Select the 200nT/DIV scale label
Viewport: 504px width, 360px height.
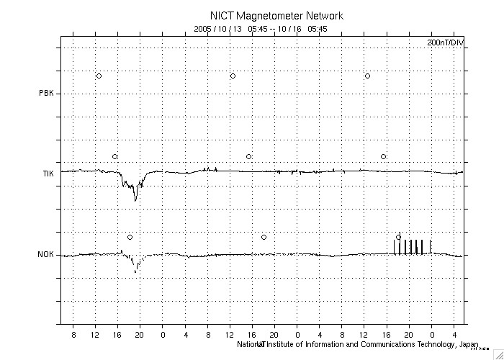pyautogui.click(x=446, y=43)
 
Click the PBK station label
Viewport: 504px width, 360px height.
pyautogui.click(x=46, y=93)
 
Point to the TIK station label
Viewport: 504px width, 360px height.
pyautogui.click(x=47, y=174)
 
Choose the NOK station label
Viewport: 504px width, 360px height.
pyautogui.click(x=46, y=255)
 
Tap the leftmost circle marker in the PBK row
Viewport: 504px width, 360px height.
pyautogui.click(x=99, y=76)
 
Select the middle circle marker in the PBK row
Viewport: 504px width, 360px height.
pyautogui.click(x=233, y=76)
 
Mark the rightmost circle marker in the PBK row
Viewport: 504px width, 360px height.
pyautogui.click(x=367, y=76)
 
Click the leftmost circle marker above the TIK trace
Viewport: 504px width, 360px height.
pyautogui.click(x=114, y=156)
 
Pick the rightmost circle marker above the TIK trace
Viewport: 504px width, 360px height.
pyautogui.click(x=383, y=156)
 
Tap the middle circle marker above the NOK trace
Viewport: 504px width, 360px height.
pyautogui.click(x=264, y=237)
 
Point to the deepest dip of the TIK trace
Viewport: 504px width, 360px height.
pyautogui.click(x=135, y=200)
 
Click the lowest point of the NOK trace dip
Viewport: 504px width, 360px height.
pyautogui.click(x=136, y=272)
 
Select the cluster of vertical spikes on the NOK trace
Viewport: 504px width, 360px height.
pyautogui.click(x=412, y=246)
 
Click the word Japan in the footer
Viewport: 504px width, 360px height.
pyautogui.click(x=469, y=344)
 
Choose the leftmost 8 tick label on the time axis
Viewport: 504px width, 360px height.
pyautogui.click(x=73, y=335)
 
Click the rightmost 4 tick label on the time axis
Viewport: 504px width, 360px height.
pyautogui.click(x=454, y=335)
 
